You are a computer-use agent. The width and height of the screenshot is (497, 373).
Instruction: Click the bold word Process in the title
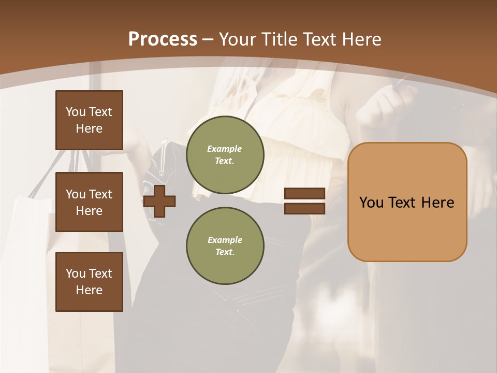[163, 39]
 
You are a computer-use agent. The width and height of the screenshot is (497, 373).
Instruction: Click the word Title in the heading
[278, 39]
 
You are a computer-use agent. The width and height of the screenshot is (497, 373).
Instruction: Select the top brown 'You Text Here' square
[89, 120]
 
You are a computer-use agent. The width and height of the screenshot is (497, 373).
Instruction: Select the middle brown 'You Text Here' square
[89, 202]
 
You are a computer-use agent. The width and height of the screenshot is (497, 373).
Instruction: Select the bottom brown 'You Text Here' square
[89, 281]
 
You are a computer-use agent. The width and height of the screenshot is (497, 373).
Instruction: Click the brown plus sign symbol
[159, 201]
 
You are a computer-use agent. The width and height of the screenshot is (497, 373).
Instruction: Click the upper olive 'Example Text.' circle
[225, 154]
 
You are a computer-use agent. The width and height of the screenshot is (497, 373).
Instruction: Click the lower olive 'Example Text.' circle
[225, 246]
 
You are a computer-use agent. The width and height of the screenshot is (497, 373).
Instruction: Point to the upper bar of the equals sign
[304, 193]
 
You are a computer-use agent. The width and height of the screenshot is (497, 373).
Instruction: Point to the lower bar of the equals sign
[304, 209]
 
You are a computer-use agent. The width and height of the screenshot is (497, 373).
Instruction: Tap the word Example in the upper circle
[225, 149]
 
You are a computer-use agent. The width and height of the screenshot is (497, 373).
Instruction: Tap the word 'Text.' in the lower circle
[225, 252]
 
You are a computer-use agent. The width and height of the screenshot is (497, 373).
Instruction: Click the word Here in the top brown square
[89, 128]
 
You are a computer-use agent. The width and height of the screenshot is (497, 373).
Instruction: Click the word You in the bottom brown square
[76, 273]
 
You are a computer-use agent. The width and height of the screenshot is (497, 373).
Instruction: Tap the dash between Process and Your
[208, 39]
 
